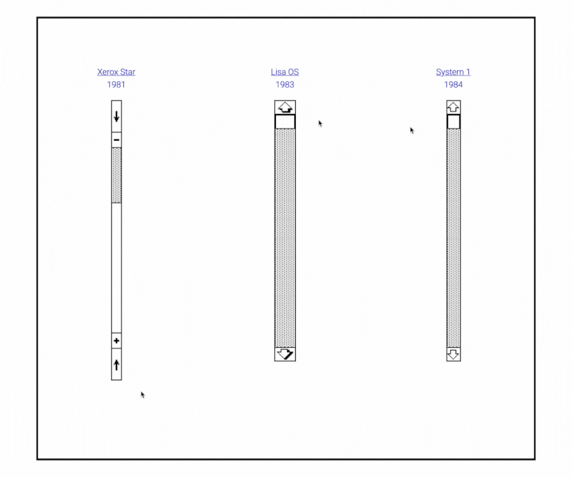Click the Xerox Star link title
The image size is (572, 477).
tap(116, 72)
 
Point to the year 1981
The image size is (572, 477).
tap(116, 84)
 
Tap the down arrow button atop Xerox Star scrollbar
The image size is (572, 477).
tap(116, 116)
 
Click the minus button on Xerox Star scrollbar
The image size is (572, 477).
tap(116, 139)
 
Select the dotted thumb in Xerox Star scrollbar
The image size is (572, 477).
tap(116, 175)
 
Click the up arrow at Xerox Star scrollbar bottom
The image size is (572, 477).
tap(116, 365)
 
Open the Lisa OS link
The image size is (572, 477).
tap(284, 72)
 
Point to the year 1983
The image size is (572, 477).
tap(284, 84)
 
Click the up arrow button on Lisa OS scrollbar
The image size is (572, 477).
tap(285, 107)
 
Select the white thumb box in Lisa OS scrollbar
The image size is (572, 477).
tap(285, 121)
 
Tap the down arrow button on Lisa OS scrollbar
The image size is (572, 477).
tap(285, 354)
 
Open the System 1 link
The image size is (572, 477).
tap(452, 72)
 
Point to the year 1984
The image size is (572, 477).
tap(453, 84)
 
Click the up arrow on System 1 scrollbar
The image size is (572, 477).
tap(454, 107)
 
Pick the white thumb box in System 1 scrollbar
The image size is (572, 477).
tap(454, 121)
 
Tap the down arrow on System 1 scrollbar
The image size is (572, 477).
tap(454, 354)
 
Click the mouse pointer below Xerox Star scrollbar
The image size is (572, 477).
tap(143, 395)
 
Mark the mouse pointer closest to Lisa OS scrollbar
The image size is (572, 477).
tap(320, 123)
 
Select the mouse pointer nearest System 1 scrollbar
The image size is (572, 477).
tap(412, 130)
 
